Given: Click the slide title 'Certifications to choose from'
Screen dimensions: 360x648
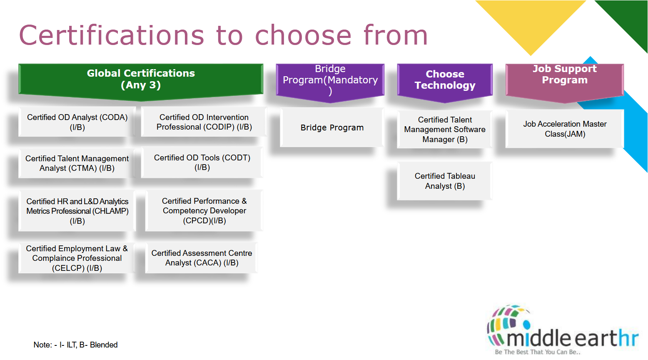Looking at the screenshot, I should coord(223,35).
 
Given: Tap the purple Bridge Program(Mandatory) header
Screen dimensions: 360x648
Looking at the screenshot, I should coord(330,80).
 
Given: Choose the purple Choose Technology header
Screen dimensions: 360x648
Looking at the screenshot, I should coord(445,80).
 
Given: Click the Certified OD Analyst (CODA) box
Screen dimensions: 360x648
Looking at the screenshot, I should coord(77,122).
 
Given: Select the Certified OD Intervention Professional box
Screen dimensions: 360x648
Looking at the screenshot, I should coord(204,122).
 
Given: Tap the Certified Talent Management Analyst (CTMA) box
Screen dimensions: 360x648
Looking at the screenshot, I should coord(77,163).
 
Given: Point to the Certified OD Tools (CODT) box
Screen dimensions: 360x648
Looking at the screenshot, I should coord(202,162).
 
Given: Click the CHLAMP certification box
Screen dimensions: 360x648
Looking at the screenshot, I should coord(77,211).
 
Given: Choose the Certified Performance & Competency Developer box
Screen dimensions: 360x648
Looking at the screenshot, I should coord(204,211).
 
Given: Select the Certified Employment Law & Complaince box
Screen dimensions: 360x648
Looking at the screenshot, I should coord(77,258).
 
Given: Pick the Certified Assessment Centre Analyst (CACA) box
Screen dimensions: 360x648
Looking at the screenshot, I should coord(202,258).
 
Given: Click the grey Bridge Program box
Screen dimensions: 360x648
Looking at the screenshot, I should coord(332,127).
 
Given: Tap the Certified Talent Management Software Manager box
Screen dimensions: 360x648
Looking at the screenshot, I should coord(445,130).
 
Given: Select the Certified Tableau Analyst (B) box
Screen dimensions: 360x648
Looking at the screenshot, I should coord(445,181).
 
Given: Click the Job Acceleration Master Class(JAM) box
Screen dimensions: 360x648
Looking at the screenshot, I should coord(565,129).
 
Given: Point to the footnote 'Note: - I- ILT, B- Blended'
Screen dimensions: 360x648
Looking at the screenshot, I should coord(76,345).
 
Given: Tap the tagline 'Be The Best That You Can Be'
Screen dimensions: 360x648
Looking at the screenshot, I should coord(537,352).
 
